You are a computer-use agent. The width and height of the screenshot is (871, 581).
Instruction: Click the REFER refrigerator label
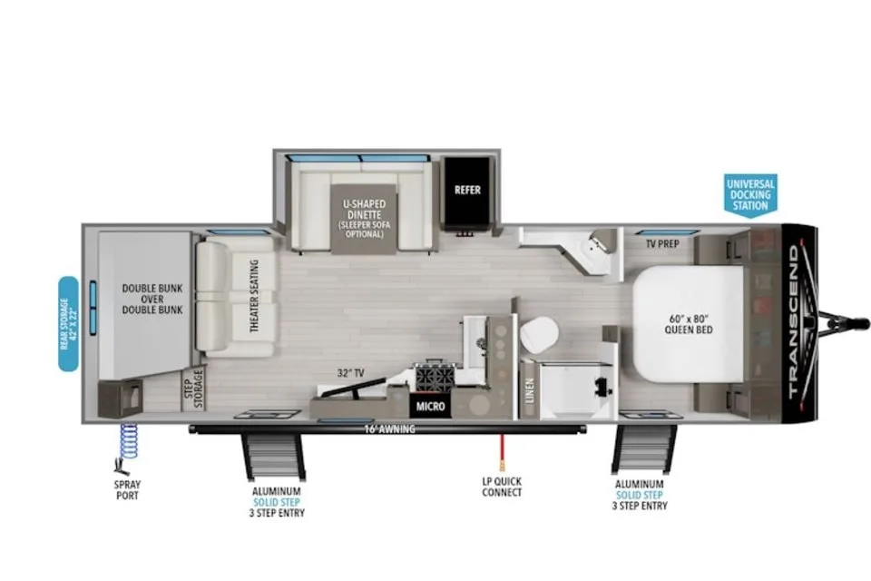tap(467, 190)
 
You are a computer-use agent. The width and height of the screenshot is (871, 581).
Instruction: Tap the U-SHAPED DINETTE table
tap(364, 219)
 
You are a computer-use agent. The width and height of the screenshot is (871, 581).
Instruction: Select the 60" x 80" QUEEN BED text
tap(689, 324)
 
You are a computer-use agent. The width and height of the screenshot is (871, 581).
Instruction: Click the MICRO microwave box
tap(430, 407)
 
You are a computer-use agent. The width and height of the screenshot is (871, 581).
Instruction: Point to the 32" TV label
tap(350, 372)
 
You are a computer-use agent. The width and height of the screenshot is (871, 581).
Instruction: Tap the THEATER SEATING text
tap(254, 296)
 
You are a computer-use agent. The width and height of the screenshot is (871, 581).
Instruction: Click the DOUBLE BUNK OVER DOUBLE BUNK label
tap(152, 299)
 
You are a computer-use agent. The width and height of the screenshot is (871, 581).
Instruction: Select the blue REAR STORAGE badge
tap(68, 323)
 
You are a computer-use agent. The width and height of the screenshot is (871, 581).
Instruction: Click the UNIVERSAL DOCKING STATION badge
tap(750, 194)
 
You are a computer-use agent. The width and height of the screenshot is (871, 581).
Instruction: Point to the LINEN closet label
tap(529, 390)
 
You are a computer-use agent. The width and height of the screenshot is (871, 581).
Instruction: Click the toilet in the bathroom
tap(539, 334)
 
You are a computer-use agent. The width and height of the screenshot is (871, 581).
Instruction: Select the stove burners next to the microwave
tap(436, 377)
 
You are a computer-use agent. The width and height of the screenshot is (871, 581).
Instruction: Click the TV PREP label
tap(662, 243)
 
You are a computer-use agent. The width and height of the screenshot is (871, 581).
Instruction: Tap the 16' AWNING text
tap(389, 429)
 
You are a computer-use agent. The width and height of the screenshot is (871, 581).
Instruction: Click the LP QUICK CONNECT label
tap(502, 487)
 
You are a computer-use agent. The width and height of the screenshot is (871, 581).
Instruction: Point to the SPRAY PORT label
tap(127, 490)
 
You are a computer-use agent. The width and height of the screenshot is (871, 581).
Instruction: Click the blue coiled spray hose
tap(128, 440)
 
